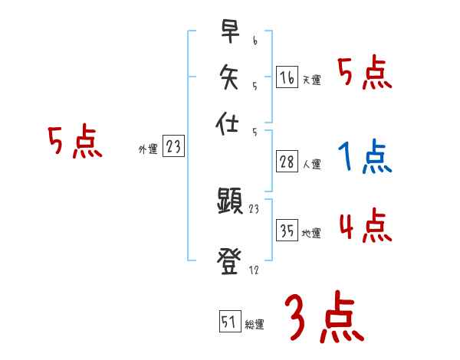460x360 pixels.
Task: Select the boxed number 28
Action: (287, 162)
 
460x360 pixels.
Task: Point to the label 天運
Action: (311, 80)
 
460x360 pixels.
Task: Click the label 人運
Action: (311, 164)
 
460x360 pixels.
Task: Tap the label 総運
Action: (255, 324)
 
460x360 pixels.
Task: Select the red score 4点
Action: (364, 227)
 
